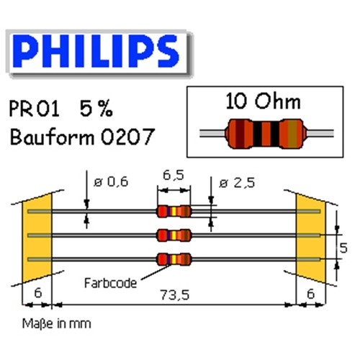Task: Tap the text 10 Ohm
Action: click(x=263, y=102)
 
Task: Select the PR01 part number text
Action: click(x=34, y=109)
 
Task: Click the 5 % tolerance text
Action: click(x=96, y=109)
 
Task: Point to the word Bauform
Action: click(x=53, y=137)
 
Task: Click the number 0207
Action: click(x=127, y=137)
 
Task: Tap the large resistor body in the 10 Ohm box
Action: click(x=266, y=134)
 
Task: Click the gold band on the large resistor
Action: click(x=292, y=134)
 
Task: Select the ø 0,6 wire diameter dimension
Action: click(x=111, y=182)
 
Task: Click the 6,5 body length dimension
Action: click(x=174, y=175)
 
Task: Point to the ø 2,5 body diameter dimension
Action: click(x=237, y=183)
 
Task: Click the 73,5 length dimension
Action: click(x=175, y=295)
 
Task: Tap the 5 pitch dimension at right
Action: click(x=343, y=248)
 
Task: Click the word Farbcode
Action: click(x=110, y=283)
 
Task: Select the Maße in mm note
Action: click(x=57, y=324)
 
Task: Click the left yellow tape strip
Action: click(x=37, y=238)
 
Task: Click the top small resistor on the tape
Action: click(x=174, y=212)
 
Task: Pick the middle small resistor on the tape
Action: click(x=174, y=235)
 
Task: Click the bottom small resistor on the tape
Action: click(x=174, y=259)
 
